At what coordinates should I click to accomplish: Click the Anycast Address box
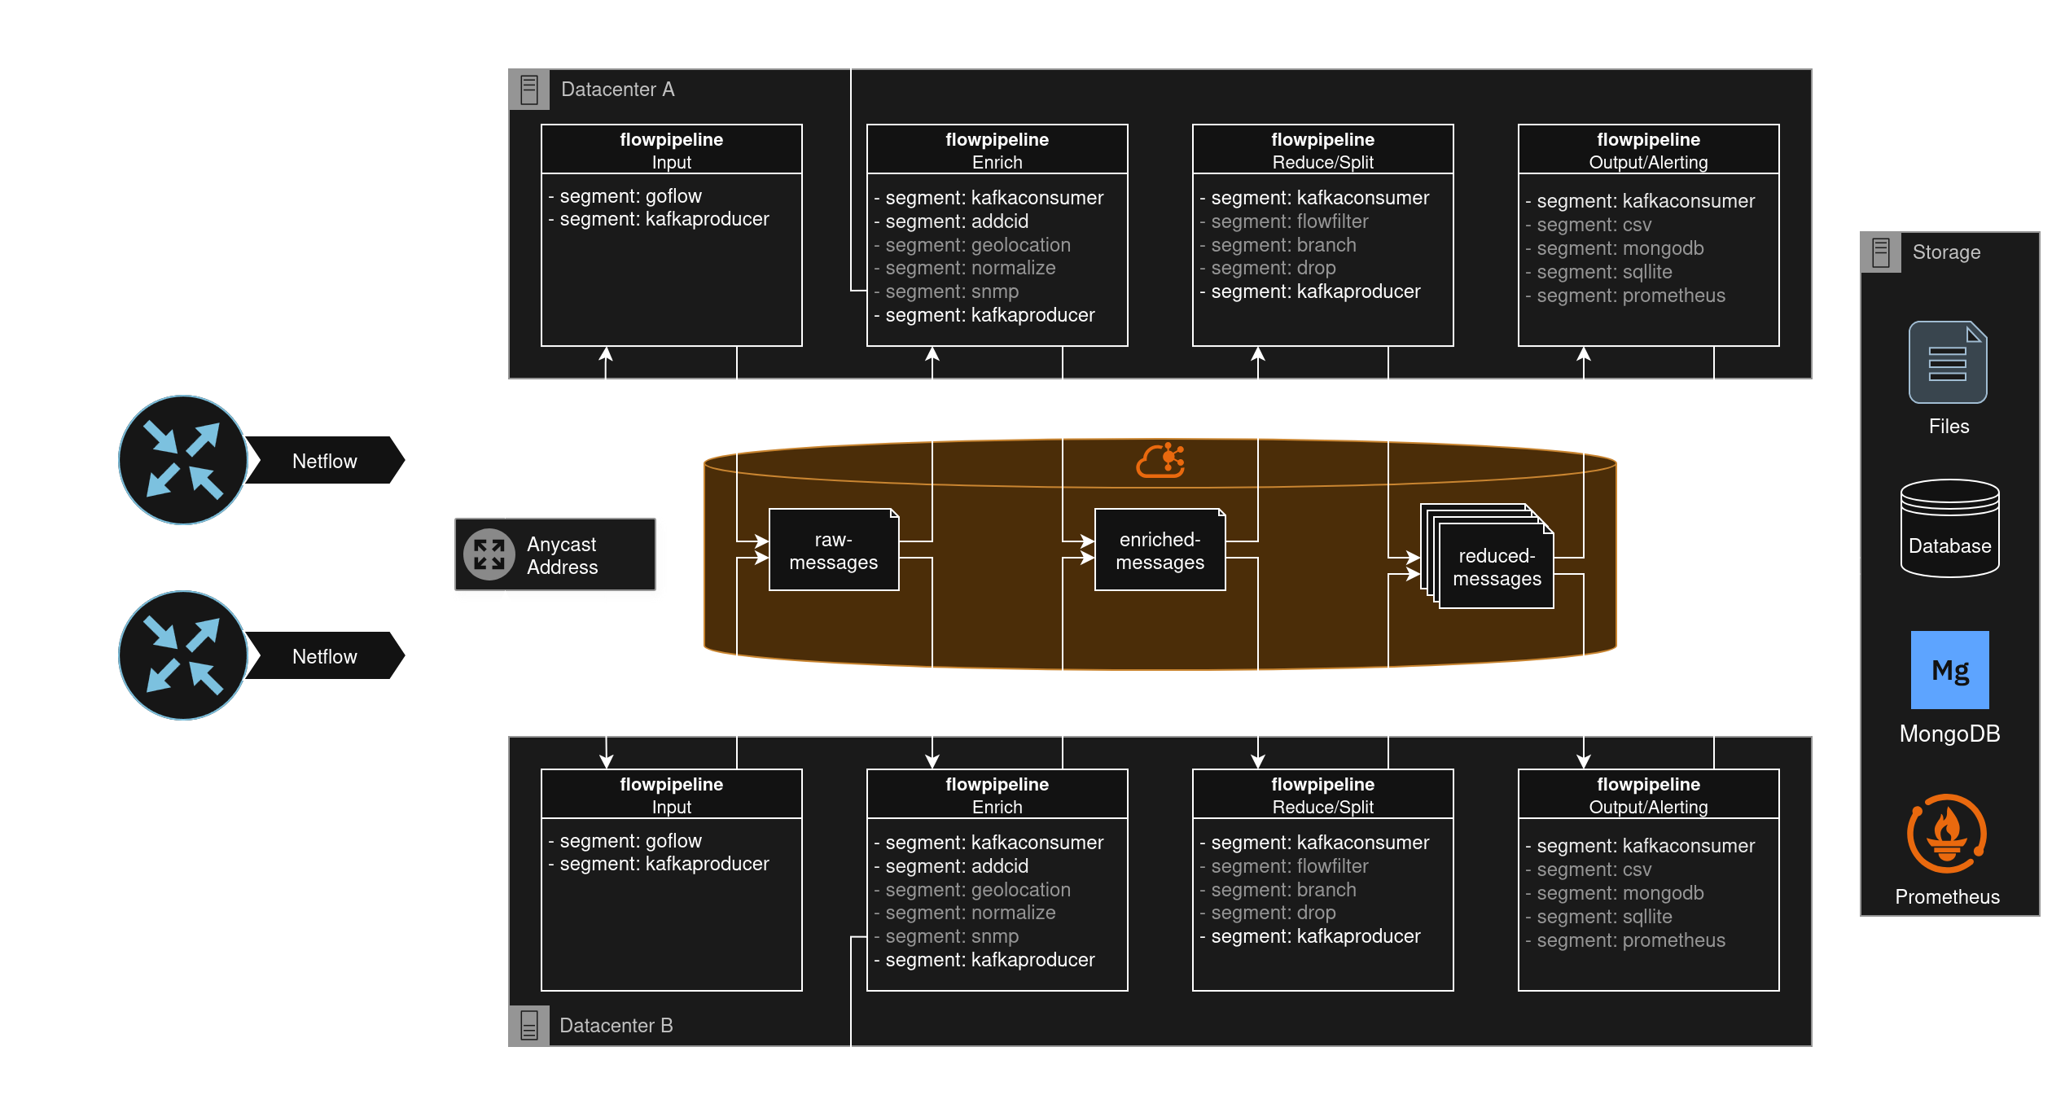pyautogui.click(x=558, y=556)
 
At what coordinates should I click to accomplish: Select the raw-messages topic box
pyautogui.click(x=833, y=551)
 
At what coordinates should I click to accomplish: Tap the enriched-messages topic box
pyautogui.click(x=1160, y=551)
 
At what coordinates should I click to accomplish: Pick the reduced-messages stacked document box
pyautogui.click(x=1495, y=567)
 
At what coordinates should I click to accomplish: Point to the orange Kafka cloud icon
pyautogui.click(x=1160, y=461)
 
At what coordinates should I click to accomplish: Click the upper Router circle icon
pyautogui.click(x=183, y=460)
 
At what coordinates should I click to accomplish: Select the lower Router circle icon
pyautogui.click(x=183, y=655)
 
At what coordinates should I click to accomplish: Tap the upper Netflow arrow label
pyautogui.click(x=325, y=461)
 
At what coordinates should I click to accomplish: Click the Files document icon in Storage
pyautogui.click(x=1947, y=363)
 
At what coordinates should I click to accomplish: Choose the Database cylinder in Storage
pyautogui.click(x=1949, y=529)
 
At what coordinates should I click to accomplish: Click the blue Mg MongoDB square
pyautogui.click(x=1949, y=670)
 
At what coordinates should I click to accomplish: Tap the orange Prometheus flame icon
pyautogui.click(x=1946, y=834)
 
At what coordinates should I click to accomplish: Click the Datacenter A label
pyautogui.click(x=617, y=90)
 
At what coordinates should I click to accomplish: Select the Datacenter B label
pyautogui.click(x=616, y=1026)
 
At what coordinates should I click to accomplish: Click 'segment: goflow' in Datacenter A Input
pyautogui.click(x=629, y=196)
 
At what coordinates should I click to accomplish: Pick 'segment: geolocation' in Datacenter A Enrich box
pyautogui.click(x=977, y=245)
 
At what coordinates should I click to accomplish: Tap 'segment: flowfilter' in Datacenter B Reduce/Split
pyautogui.click(x=1289, y=866)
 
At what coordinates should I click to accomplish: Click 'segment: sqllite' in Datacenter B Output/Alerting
pyautogui.click(x=1604, y=917)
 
